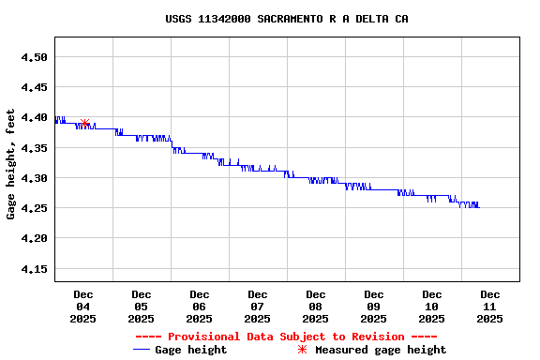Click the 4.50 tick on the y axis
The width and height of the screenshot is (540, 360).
pos(34,57)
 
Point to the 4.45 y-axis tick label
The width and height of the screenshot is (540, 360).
pos(34,87)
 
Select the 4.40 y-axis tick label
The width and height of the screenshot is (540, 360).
pos(34,117)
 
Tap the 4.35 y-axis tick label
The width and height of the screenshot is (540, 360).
pos(34,148)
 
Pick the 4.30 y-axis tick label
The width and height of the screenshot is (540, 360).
pos(34,178)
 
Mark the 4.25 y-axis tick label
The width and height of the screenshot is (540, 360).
pos(34,208)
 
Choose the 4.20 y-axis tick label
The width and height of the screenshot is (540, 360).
pos(34,238)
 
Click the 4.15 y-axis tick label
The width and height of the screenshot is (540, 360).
pos(34,269)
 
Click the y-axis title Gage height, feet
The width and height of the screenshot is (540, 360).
pos(11,164)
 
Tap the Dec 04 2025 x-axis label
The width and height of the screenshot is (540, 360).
pos(82,307)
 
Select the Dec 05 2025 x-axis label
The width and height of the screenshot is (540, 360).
pos(141,307)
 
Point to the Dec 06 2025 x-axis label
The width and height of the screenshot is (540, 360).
pos(199,307)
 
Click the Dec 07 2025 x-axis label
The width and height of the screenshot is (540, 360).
pos(257,307)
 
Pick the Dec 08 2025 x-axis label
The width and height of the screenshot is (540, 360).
pos(315,307)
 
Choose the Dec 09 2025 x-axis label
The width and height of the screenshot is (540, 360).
pos(373,307)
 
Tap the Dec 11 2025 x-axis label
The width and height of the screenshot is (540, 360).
pos(489,307)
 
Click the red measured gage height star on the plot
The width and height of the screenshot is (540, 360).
pos(84,123)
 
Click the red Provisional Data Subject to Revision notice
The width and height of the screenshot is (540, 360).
pos(286,337)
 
